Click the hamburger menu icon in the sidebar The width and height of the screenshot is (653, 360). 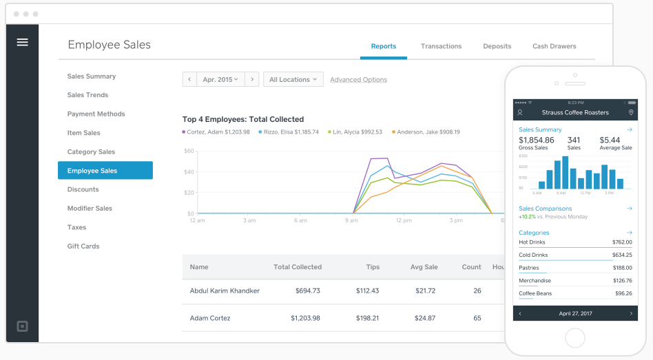click(x=22, y=42)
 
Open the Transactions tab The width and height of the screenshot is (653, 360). click(x=441, y=46)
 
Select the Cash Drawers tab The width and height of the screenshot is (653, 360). click(x=554, y=46)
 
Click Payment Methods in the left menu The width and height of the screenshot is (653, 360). click(x=96, y=114)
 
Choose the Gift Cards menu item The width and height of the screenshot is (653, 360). click(x=83, y=246)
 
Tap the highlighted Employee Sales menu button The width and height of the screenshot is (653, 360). click(x=105, y=171)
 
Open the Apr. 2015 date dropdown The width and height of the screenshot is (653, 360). click(x=220, y=80)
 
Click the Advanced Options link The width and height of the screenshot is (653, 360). click(x=358, y=80)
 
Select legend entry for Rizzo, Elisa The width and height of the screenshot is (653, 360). click(x=289, y=132)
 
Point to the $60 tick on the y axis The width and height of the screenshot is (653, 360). click(x=189, y=151)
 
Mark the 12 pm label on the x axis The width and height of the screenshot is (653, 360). click(x=404, y=221)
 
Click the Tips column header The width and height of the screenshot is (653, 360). click(x=372, y=267)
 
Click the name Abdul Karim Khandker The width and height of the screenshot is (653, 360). click(x=225, y=290)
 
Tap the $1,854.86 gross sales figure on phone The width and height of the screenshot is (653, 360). click(x=536, y=140)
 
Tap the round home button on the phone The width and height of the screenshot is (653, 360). click(x=574, y=337)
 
